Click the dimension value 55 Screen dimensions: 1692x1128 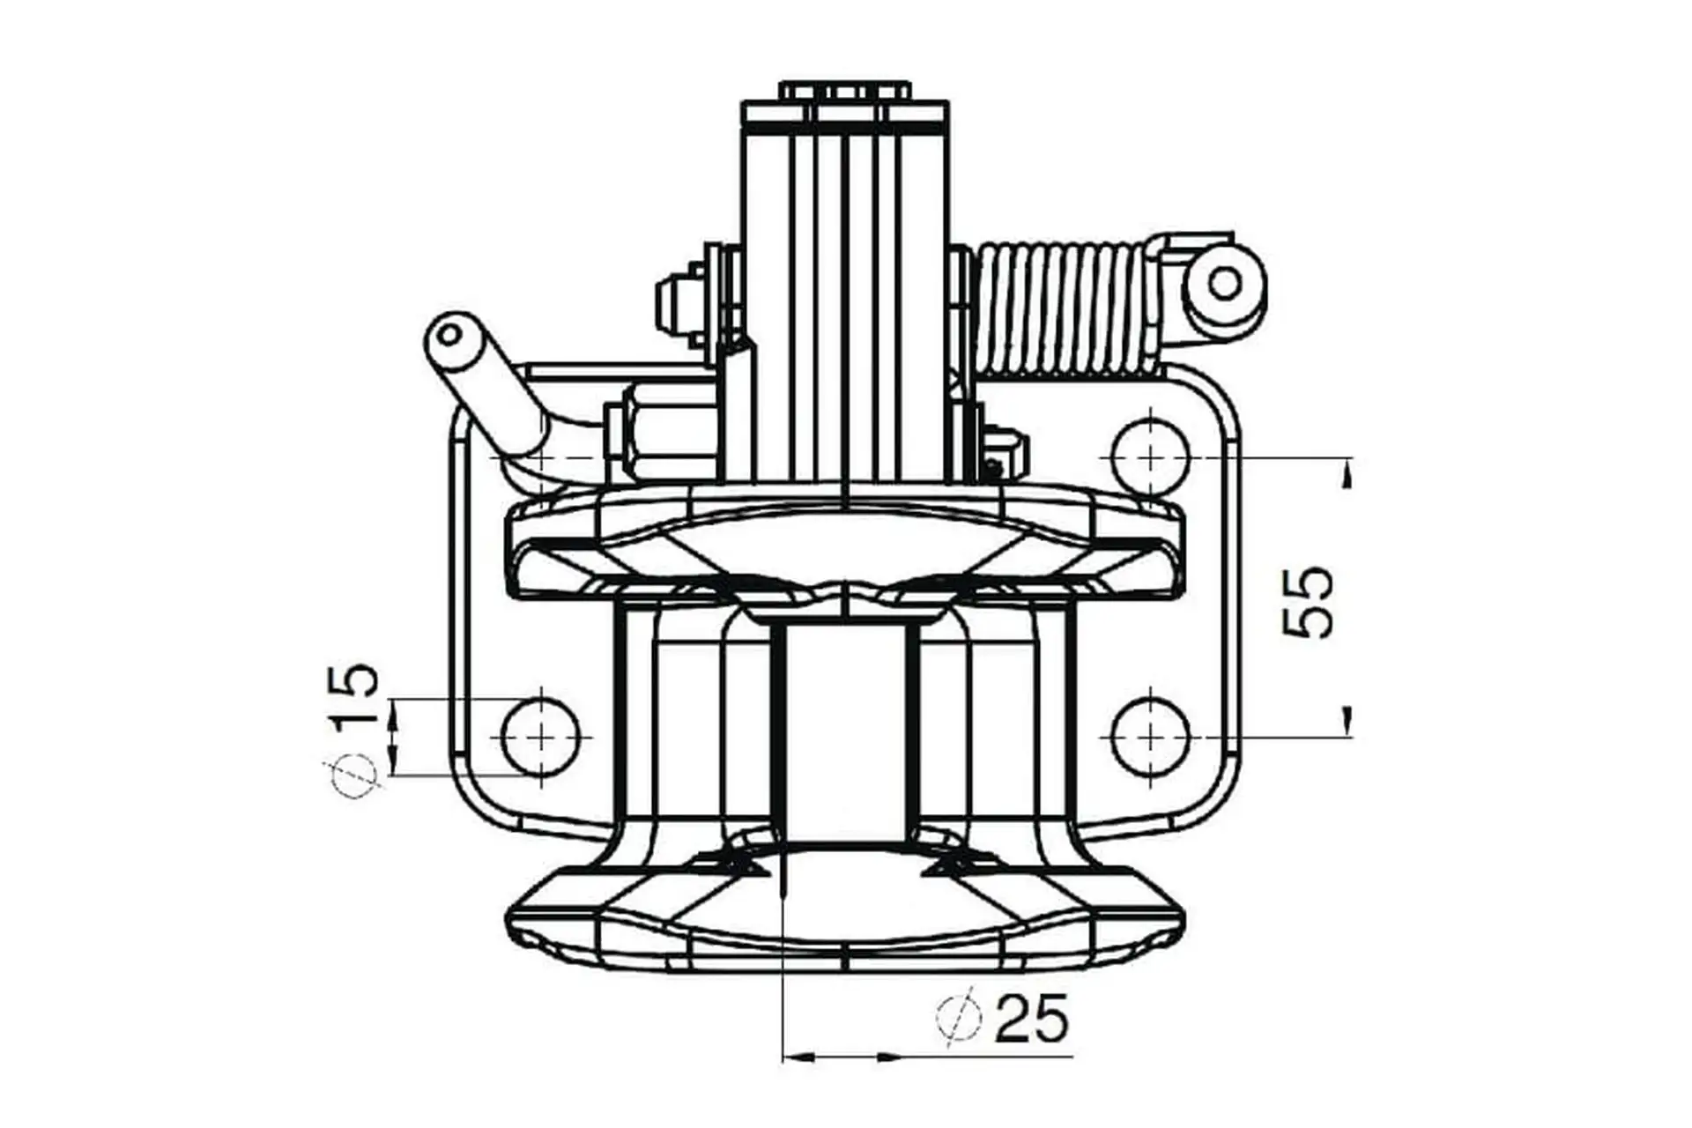[x=1309, y=602]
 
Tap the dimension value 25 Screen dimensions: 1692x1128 [x=1031, y=1019]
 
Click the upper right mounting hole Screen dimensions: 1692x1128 [x=1151, y=458]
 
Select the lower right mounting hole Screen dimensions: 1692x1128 [x=1151, y=736]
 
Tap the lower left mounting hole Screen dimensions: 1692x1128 [x=540, y=736]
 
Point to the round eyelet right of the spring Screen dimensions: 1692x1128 [x=1225, y=284]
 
